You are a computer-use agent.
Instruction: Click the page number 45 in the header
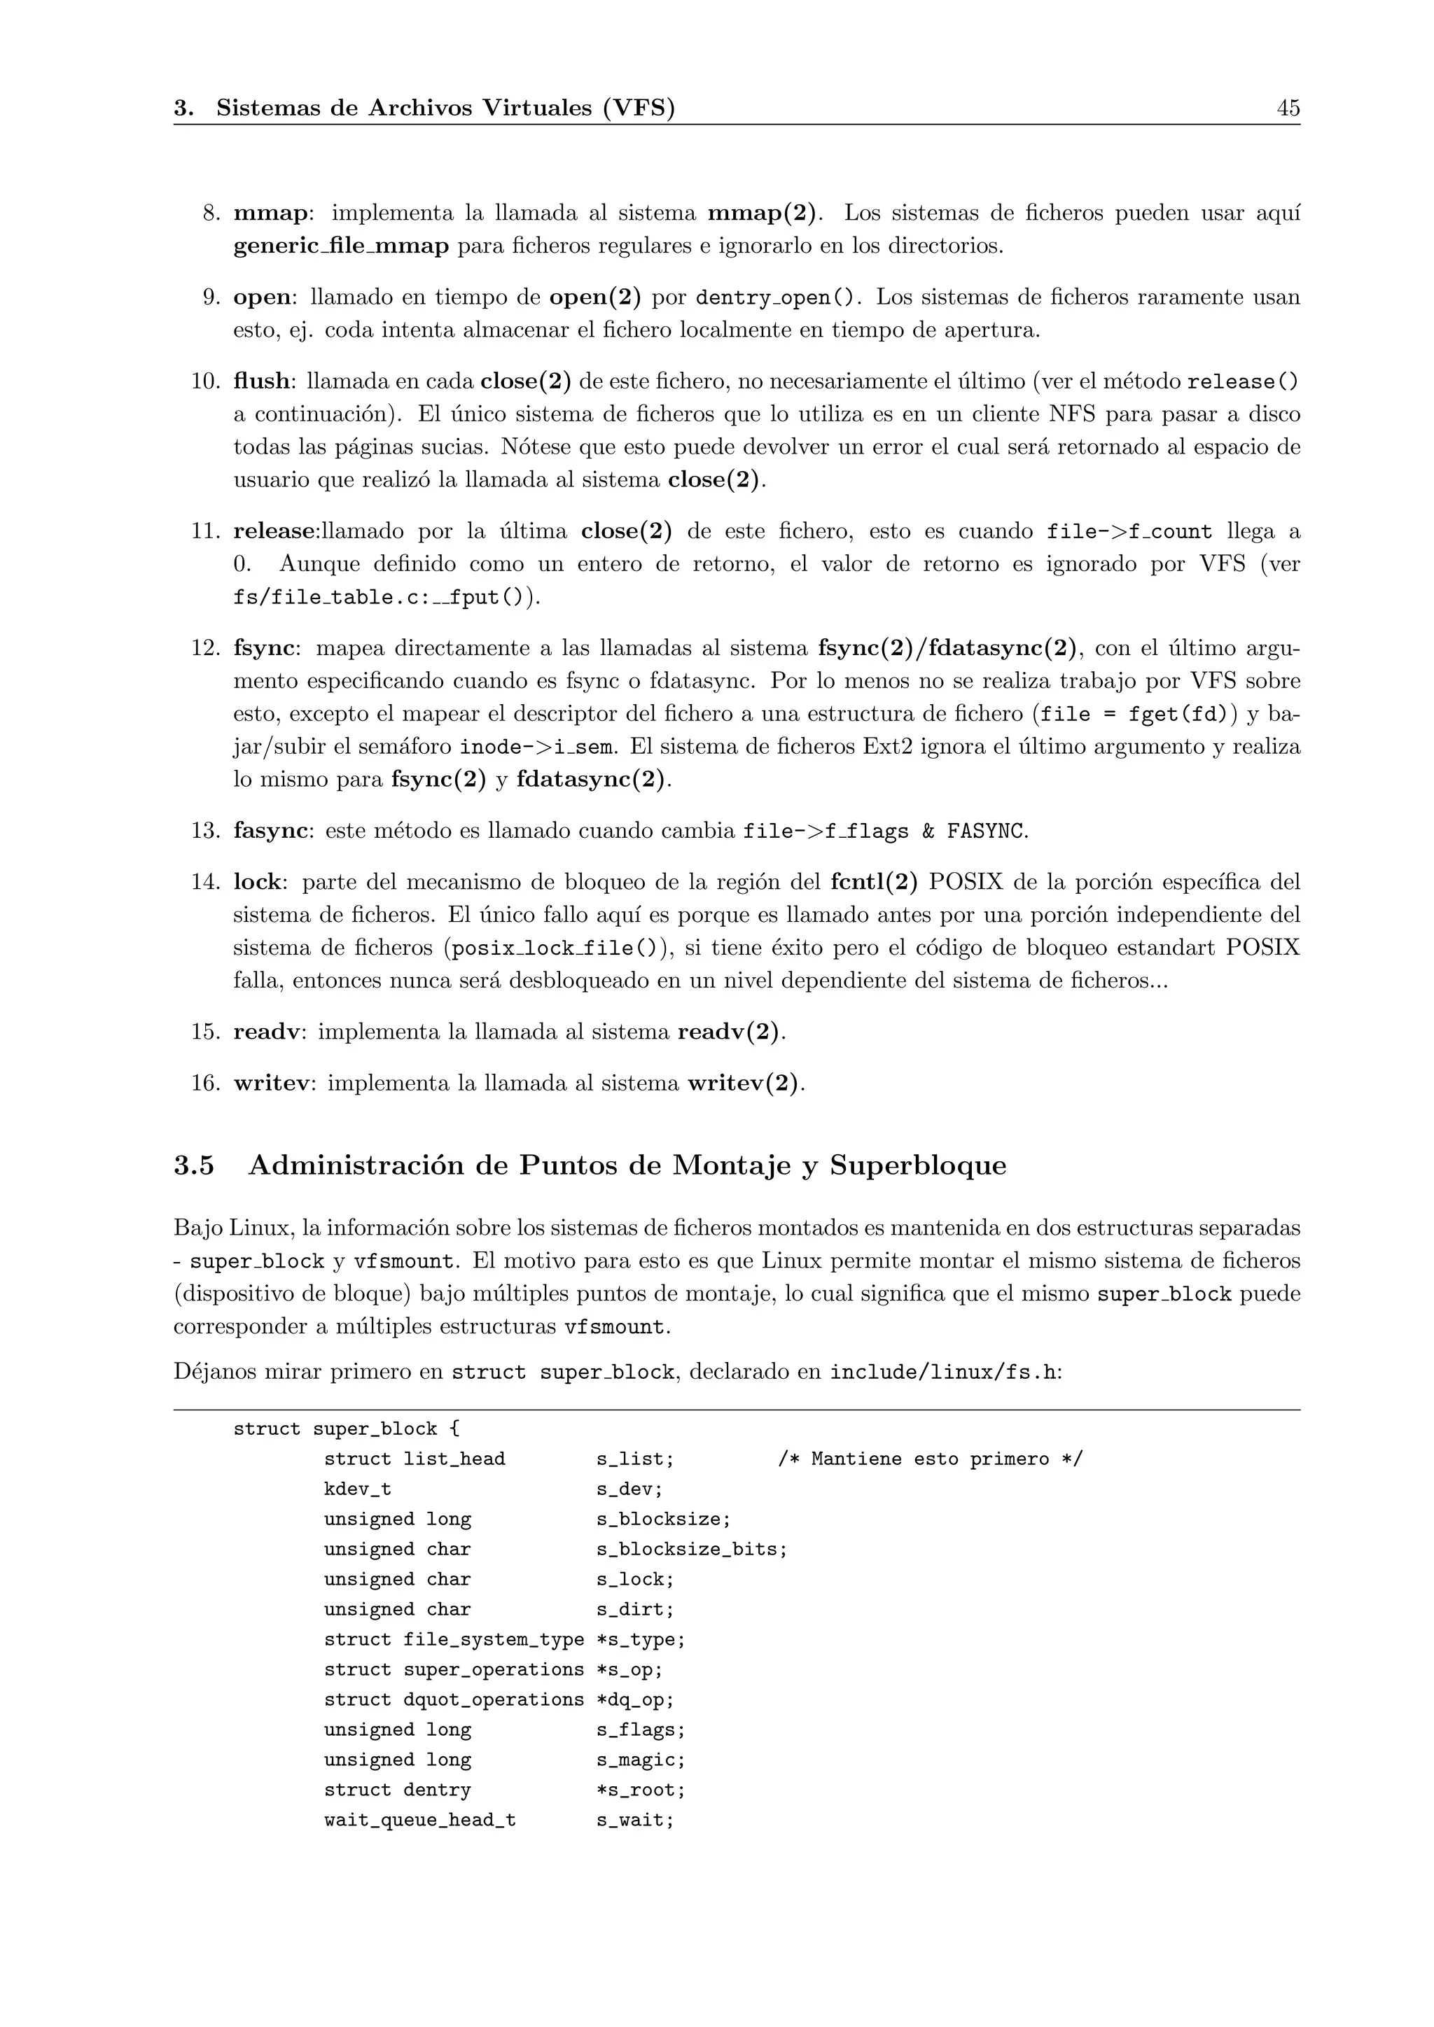[x=1288, y=108]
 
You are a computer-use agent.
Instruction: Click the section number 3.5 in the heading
[x=193, y=1165]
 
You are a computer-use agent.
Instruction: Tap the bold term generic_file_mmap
[x=341, y=246]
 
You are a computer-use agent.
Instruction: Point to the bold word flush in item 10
[x=260, y=381]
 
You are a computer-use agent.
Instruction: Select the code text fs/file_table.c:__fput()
[x=382, y=598]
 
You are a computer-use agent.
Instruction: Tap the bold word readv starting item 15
[x=266, y=1031]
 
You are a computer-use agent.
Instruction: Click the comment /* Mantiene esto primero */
[x=929, y=1459]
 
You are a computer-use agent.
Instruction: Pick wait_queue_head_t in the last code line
[x=419, y=1821]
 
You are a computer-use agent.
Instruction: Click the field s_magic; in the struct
[x=640, y=1760]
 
